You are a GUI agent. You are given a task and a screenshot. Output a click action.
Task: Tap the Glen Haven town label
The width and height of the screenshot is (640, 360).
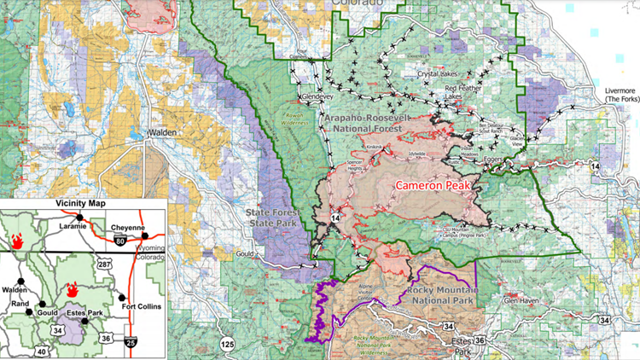point(522,300)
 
